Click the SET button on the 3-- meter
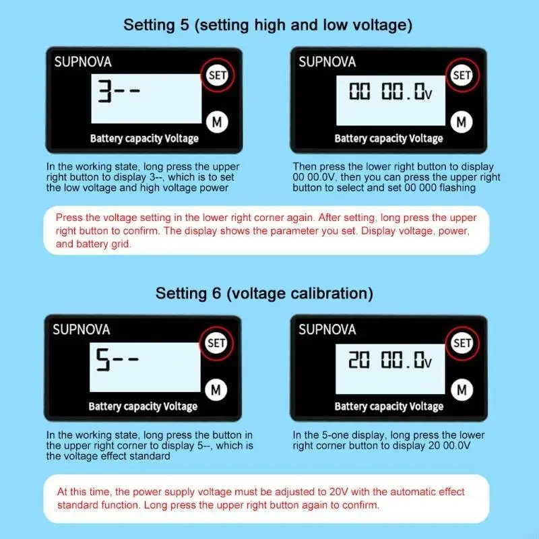point(217,75)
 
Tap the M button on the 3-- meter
point(217,122)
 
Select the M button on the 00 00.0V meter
point(462,122)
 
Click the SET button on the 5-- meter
point(216,343)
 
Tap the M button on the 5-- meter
point(216,390)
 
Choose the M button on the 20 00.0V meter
point(462,390)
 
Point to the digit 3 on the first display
point(104,91)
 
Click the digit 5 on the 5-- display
point(103,360)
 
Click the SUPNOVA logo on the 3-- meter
point(83,62)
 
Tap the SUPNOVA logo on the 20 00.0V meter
point(327,329)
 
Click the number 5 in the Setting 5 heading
point(185,25)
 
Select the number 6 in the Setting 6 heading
point(216,293)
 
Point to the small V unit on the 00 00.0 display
point(429,95)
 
